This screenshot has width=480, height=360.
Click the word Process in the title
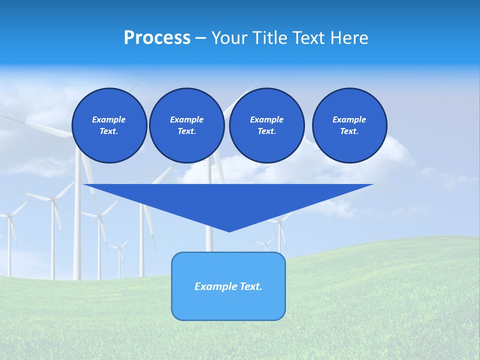(x=157, y=38)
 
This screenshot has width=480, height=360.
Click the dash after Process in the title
(x=200, y=38)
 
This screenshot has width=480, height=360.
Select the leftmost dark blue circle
(x=109, y=125)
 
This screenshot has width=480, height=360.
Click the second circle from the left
(x=187, y=125)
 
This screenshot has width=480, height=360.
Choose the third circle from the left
(x=267, y=125)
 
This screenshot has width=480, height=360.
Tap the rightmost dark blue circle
(x=349, y=125)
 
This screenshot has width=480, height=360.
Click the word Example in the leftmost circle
(x=109, y=119)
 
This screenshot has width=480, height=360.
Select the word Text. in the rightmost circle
(x=349, y=131)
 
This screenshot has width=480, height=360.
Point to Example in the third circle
(x=266, y=119)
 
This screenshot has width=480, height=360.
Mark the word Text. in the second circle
(x=187, y=131)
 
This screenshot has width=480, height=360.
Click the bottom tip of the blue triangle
(x=229, y=231)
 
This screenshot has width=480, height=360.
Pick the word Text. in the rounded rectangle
(x=251, y=286)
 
